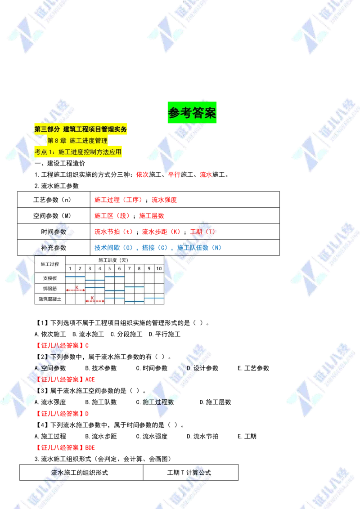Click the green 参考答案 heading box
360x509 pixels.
click(192, 113)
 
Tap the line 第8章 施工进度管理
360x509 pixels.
click(77, 141)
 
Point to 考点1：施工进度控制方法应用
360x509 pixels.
click(78, 152)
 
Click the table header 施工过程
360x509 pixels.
click(49, 264)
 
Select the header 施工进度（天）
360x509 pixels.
click(114, 260)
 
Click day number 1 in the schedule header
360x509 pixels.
click(70, 268)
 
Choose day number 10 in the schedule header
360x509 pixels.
click(159, 268)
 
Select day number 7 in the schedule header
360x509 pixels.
click(129, 268)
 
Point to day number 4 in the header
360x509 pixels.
click(100, 268)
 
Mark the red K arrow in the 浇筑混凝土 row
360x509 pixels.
click(95, 300)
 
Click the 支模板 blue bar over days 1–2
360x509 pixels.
click(75, 277)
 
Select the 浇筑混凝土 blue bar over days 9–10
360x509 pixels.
click(154, 298)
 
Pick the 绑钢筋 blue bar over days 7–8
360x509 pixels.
click(134, 286)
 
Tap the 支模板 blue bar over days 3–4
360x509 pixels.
click(95, 280)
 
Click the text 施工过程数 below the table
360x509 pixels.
click(158, 402)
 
